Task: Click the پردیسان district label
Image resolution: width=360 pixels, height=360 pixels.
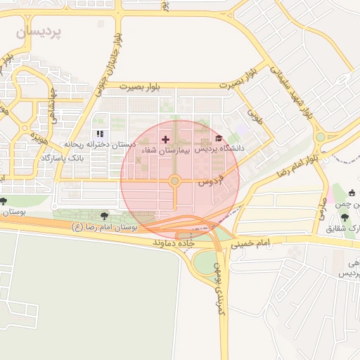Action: click(x=39, y=32)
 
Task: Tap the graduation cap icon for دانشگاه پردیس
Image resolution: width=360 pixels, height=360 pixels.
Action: click(x=219, y=139)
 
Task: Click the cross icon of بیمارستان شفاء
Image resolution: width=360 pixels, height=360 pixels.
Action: click(x=166, y=139)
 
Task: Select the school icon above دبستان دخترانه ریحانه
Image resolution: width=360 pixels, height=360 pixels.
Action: click(x=100, y=134)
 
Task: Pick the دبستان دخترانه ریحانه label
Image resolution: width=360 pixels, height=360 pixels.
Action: click(x=99, y=144)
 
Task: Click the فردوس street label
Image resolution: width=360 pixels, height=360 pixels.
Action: click(x=210, y=179)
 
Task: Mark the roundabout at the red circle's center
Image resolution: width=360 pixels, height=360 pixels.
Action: click(x=174, y=181)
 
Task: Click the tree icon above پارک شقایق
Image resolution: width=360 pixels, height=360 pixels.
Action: click(x=345, y=218)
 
